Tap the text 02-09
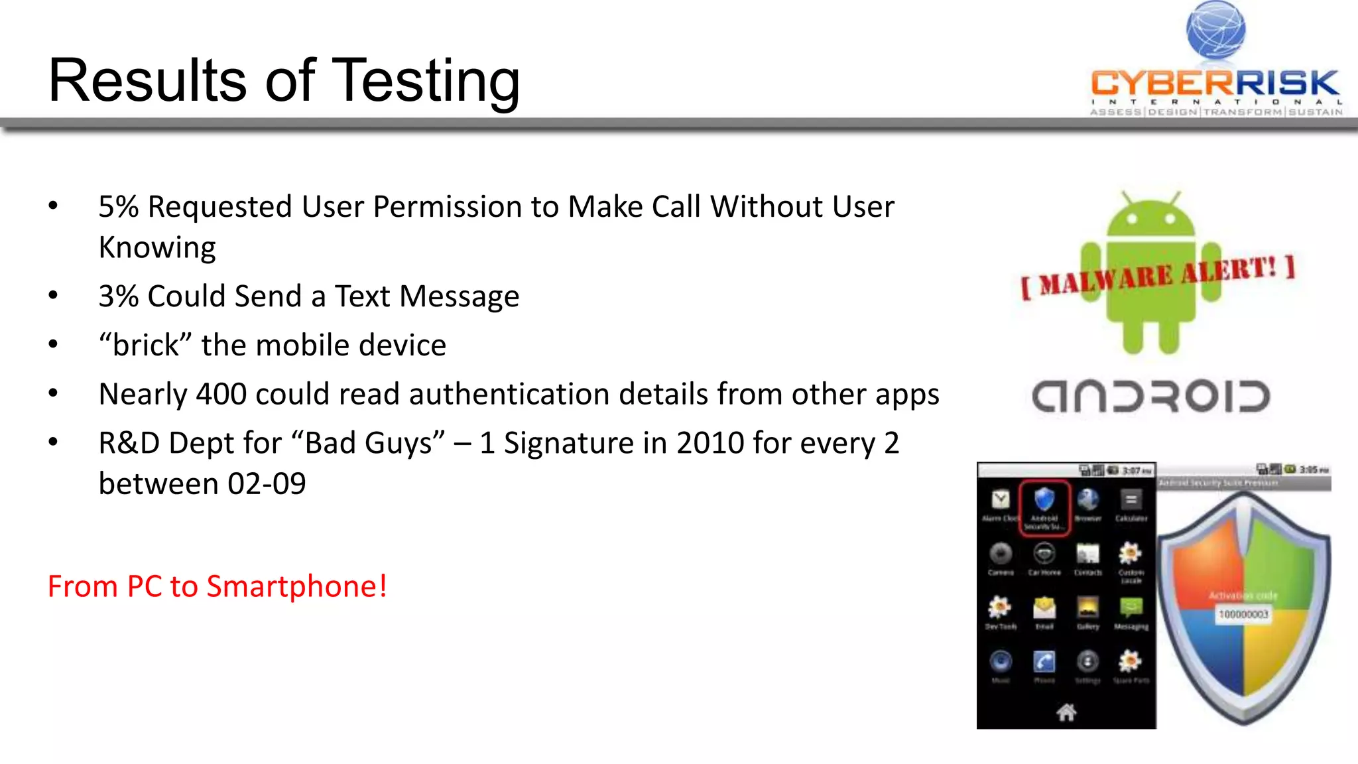(267, 484)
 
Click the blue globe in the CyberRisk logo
(1215, 30)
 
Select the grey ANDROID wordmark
(1150, 397)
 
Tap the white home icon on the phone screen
(1066, 712)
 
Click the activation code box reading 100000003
(1243, 615)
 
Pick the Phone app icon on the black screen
(1044, 662)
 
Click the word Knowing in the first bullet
(157, 248)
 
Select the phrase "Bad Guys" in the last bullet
(375, 443)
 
